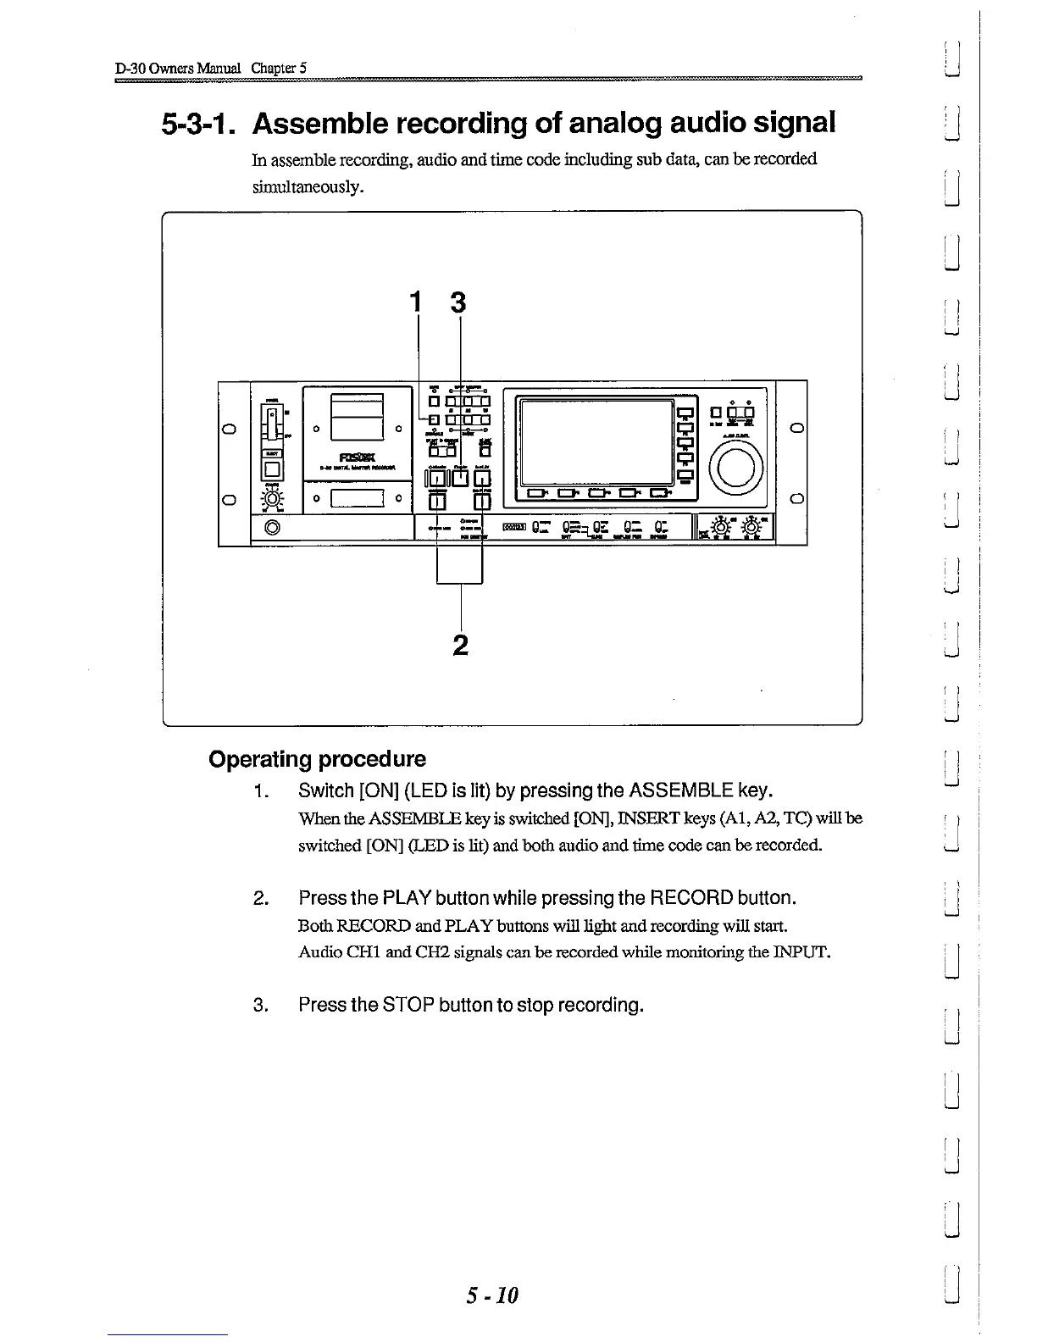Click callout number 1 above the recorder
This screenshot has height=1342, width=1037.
(415, 302)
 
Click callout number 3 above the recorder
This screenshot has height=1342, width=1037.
(458, 302)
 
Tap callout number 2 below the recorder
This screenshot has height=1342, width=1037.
(460, 645)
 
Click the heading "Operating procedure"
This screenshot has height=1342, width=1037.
(317, 758)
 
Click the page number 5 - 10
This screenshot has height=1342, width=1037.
(491, 1295)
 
